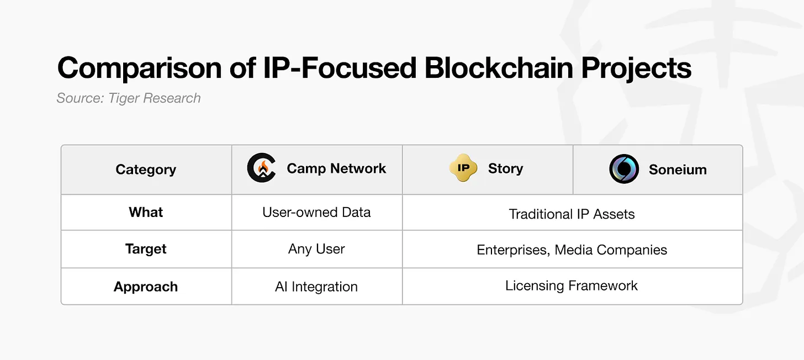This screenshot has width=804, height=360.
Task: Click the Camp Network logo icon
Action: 261,169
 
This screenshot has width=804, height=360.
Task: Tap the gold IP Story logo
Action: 463,169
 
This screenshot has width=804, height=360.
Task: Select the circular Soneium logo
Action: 624,169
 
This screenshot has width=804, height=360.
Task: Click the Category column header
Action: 146,170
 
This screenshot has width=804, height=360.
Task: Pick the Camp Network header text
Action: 336,169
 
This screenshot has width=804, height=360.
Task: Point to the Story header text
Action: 505,169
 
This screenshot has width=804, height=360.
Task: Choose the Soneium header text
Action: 678,170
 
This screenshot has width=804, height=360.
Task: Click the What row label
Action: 146,213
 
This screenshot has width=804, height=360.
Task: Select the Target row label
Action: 146,250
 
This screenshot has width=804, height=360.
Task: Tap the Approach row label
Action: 146,287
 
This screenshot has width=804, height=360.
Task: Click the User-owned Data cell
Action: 316,213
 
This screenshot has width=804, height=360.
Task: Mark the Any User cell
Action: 316,250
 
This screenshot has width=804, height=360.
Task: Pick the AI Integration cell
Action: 316,287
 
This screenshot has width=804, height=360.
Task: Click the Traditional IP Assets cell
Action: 572,214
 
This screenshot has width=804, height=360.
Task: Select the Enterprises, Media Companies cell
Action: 572,250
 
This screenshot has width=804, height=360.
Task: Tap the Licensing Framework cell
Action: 572,286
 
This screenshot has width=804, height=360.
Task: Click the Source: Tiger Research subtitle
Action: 129,98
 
